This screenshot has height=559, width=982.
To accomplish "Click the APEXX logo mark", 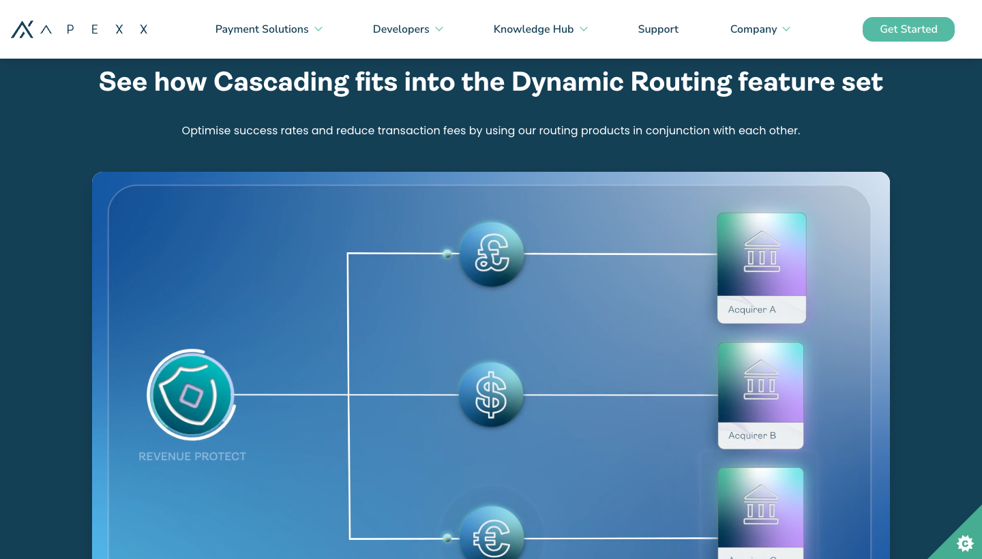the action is [23, 29].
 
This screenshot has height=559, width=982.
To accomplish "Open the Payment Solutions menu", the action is [269, 29].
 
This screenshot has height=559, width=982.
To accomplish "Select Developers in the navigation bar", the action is [408, 29].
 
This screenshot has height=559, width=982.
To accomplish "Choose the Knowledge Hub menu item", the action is [540, 29].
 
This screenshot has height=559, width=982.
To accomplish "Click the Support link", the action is [658, 29].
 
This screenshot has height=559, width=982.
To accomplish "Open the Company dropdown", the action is [760, 29].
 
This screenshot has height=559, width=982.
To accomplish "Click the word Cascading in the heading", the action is [281, 82].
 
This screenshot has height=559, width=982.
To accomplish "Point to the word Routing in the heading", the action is [681, 82].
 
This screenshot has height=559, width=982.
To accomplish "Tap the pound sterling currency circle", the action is [492, 254].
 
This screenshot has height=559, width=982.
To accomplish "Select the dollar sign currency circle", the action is [491, 395].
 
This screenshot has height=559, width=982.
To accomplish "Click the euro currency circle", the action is [492, 533].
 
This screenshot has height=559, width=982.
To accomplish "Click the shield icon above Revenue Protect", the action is [191, 395].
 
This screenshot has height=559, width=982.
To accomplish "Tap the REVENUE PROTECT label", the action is [192, 457].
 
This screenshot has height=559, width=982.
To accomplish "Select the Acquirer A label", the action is [752, 309].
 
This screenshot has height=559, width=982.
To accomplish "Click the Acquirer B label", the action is [752, 436].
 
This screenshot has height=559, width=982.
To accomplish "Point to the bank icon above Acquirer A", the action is [762, 252].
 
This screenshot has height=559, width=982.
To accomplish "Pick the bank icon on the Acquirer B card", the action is [761, 380].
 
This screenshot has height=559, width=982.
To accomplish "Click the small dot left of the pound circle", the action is [447, 254].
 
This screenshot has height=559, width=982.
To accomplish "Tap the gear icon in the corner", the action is [965, 544].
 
